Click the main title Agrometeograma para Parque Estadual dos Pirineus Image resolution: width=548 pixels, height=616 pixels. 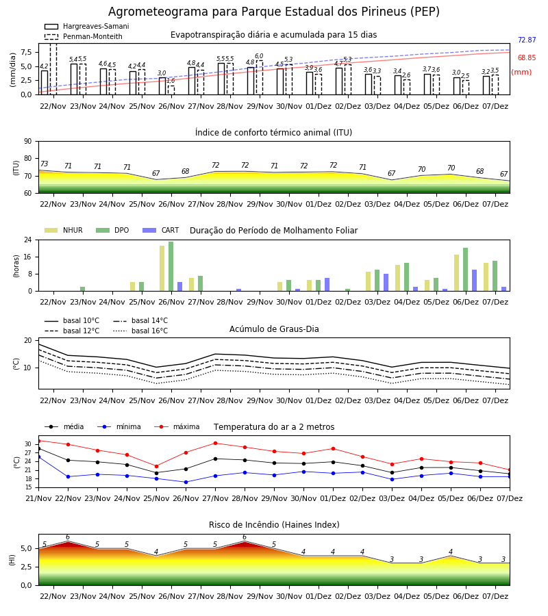click(273, 12)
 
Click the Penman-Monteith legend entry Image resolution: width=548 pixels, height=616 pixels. click(84, 36)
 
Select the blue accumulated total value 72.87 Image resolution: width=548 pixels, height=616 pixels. click(527, 40)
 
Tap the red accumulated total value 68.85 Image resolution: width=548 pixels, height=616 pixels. click(527, 57)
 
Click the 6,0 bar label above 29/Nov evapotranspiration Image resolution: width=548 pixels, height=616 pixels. click(259, 56)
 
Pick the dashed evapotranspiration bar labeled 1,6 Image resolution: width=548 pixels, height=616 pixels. click(171, 90)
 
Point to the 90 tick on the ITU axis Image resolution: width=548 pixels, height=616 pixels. click(28, 142)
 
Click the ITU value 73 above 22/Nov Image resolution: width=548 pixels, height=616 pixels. click(44, 164)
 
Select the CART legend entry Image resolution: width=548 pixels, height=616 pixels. click(161, 230)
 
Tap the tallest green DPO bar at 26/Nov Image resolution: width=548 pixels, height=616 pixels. click(171, 266)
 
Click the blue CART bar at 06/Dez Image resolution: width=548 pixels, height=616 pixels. click(475, 281)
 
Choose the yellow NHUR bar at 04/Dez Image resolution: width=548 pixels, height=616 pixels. click(398, 278)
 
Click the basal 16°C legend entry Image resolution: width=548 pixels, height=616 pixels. click(140, 331)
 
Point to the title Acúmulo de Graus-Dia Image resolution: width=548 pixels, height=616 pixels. click(274, 329)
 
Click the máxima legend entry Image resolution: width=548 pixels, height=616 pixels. click(177, 426)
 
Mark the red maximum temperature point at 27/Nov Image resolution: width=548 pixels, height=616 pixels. click(215, 443)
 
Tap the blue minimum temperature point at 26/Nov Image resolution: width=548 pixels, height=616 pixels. click(186, 482)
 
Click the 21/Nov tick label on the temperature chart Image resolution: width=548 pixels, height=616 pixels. click(38, 498)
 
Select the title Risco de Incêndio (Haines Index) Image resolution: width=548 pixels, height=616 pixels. click(274, 525)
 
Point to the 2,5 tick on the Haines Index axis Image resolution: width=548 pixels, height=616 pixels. click(27, 567)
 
